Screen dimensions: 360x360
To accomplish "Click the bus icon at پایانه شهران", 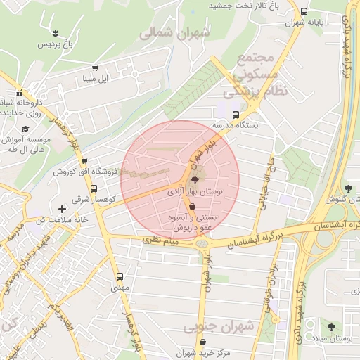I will click(304, 11).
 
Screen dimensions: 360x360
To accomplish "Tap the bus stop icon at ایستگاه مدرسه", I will click(235, 114).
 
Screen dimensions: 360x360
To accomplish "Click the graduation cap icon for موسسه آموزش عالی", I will click(25, 129).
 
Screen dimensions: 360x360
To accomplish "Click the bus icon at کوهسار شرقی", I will click(94, 188).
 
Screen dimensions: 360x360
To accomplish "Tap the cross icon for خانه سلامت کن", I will click(63, 209).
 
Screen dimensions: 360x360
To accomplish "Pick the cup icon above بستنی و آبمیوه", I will click(193, 207).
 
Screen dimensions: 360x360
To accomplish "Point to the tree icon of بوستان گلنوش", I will click(348, 188).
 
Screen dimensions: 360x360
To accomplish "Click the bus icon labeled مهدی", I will click(119, 276).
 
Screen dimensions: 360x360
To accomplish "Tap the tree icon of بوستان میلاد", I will click(331, 327).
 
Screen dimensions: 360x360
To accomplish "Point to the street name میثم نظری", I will click(162, 240).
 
